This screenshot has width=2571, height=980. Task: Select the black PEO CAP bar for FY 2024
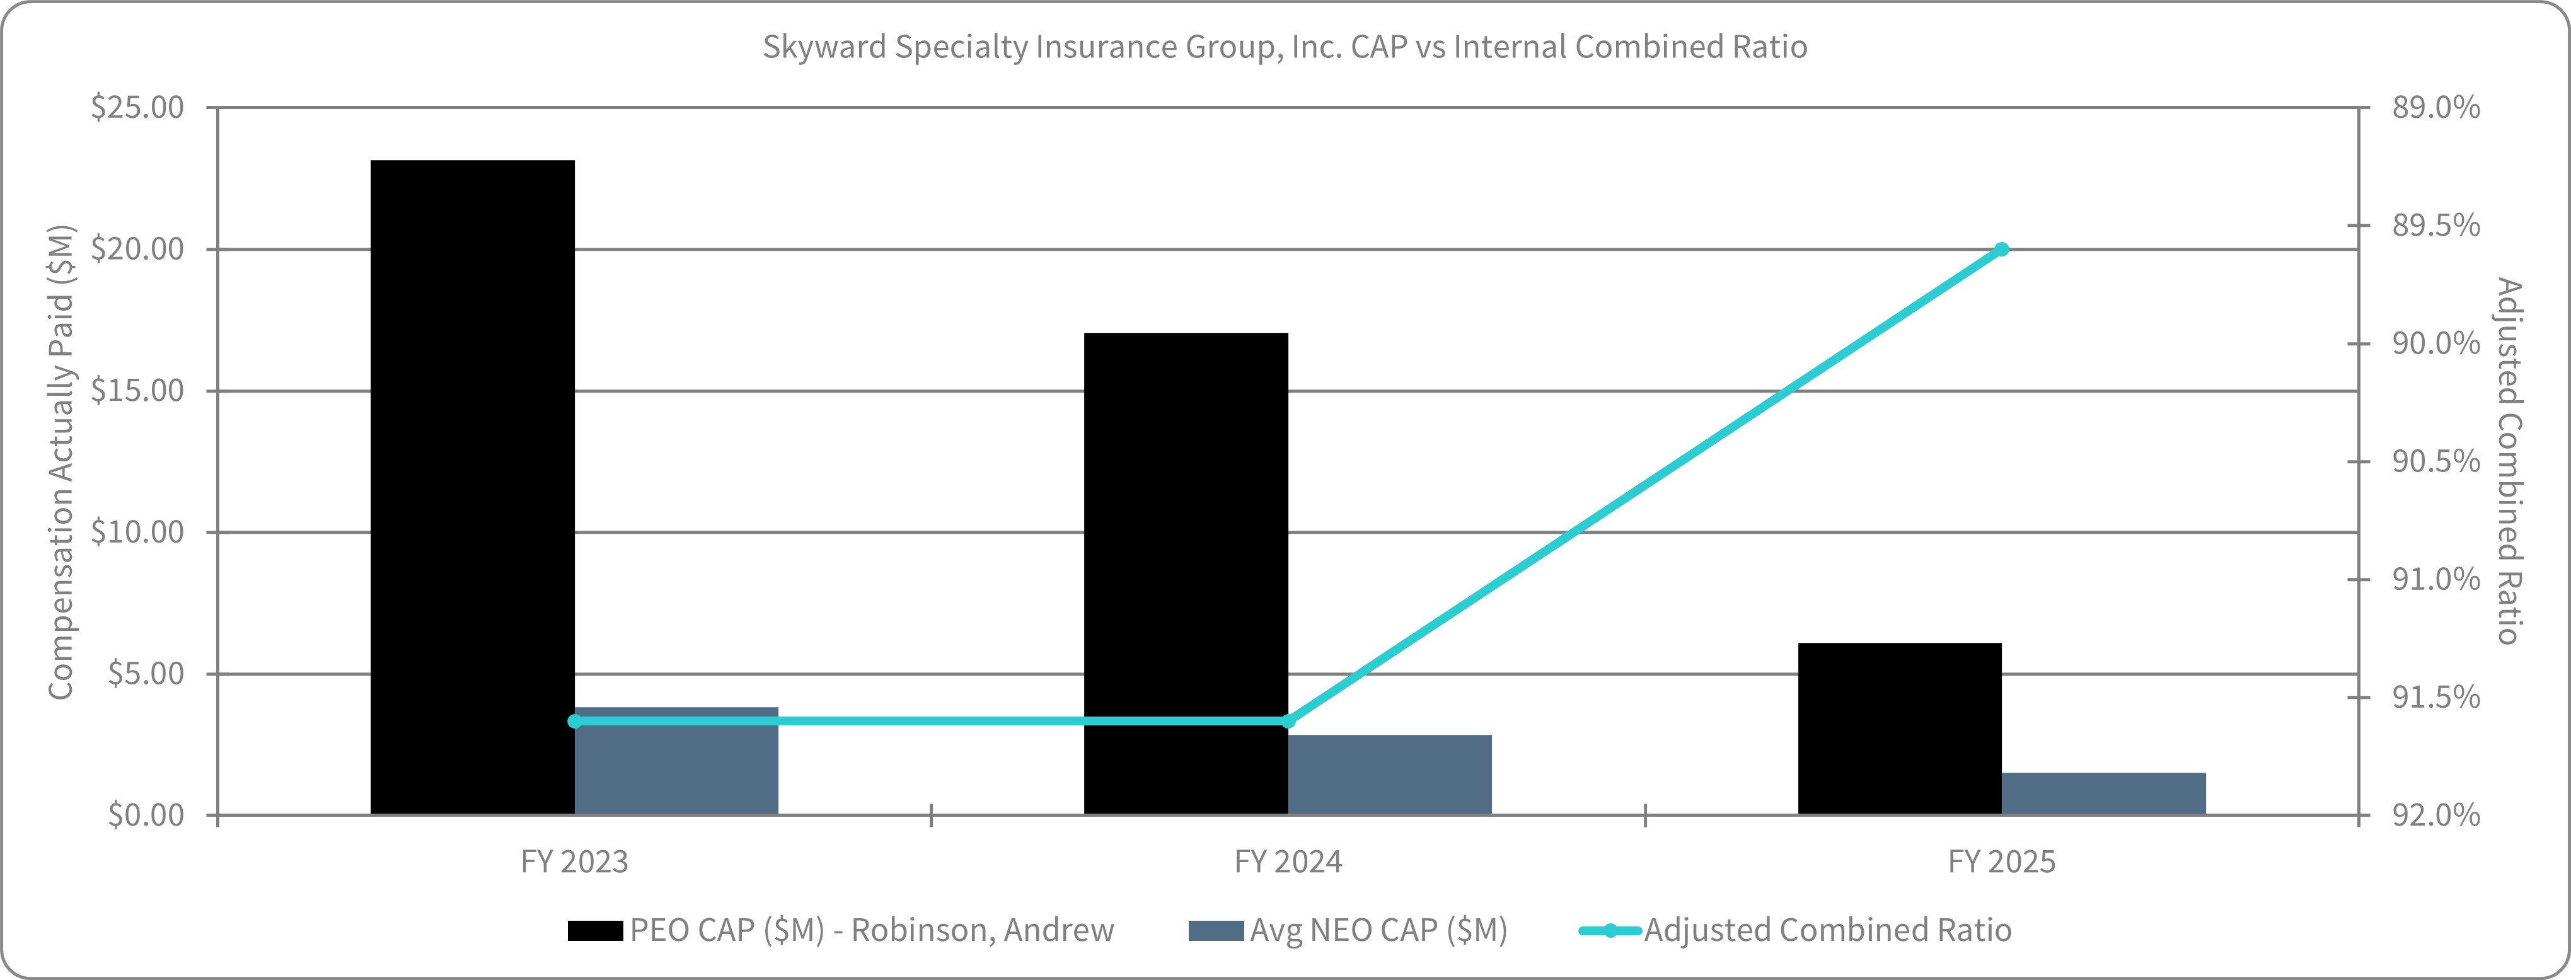[1186, 574]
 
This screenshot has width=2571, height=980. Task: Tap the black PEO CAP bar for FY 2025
[1899, 729]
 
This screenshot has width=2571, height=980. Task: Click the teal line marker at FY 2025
[2001, 250]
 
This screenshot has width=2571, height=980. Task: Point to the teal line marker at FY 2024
[1288, 720]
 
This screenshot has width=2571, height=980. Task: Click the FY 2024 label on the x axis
[1288, 862]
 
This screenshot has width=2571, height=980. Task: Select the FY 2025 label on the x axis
[2001, 862]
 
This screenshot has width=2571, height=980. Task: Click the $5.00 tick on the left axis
[146, 674]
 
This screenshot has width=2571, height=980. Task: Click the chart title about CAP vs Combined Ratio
[1285, 47]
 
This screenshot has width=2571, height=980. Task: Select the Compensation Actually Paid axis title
[61, 462]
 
